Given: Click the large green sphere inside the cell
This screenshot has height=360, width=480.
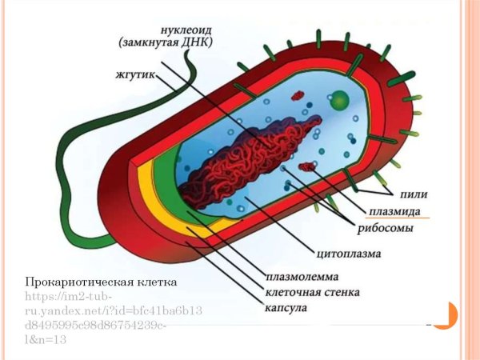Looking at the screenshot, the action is click(340, 101).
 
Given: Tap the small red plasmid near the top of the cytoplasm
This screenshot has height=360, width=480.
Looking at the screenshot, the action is click(298, 96).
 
